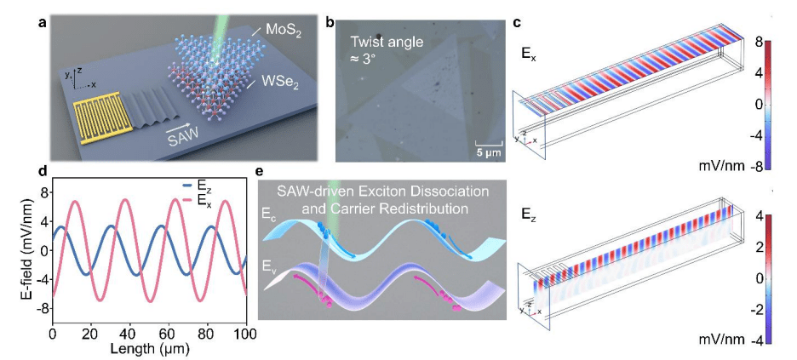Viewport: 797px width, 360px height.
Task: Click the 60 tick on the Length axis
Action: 167,332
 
